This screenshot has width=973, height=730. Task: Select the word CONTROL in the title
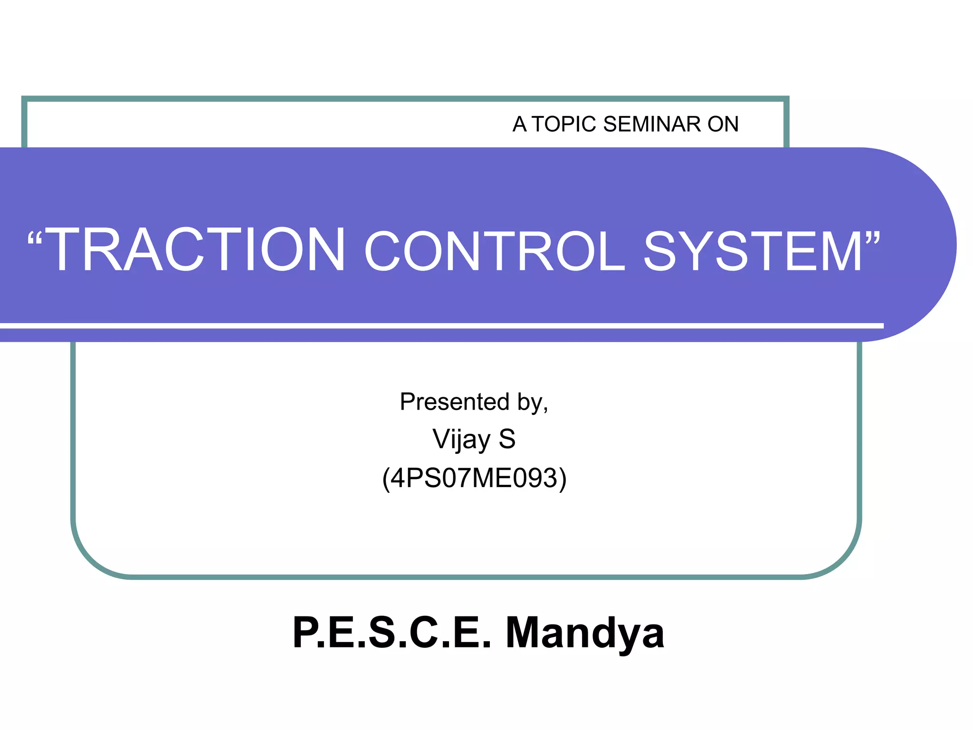tap(495, 251)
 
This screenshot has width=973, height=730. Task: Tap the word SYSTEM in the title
tap(753, 251)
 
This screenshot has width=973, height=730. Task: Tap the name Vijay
tap(461, 440)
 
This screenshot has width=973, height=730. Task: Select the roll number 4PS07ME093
tap(474, 478)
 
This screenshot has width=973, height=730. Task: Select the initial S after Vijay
tap(507, 439)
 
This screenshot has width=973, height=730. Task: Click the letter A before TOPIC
tap(519, 125)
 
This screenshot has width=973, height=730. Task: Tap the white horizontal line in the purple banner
tap(442, 326)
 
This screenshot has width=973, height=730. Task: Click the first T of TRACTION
tap(64, 250)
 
